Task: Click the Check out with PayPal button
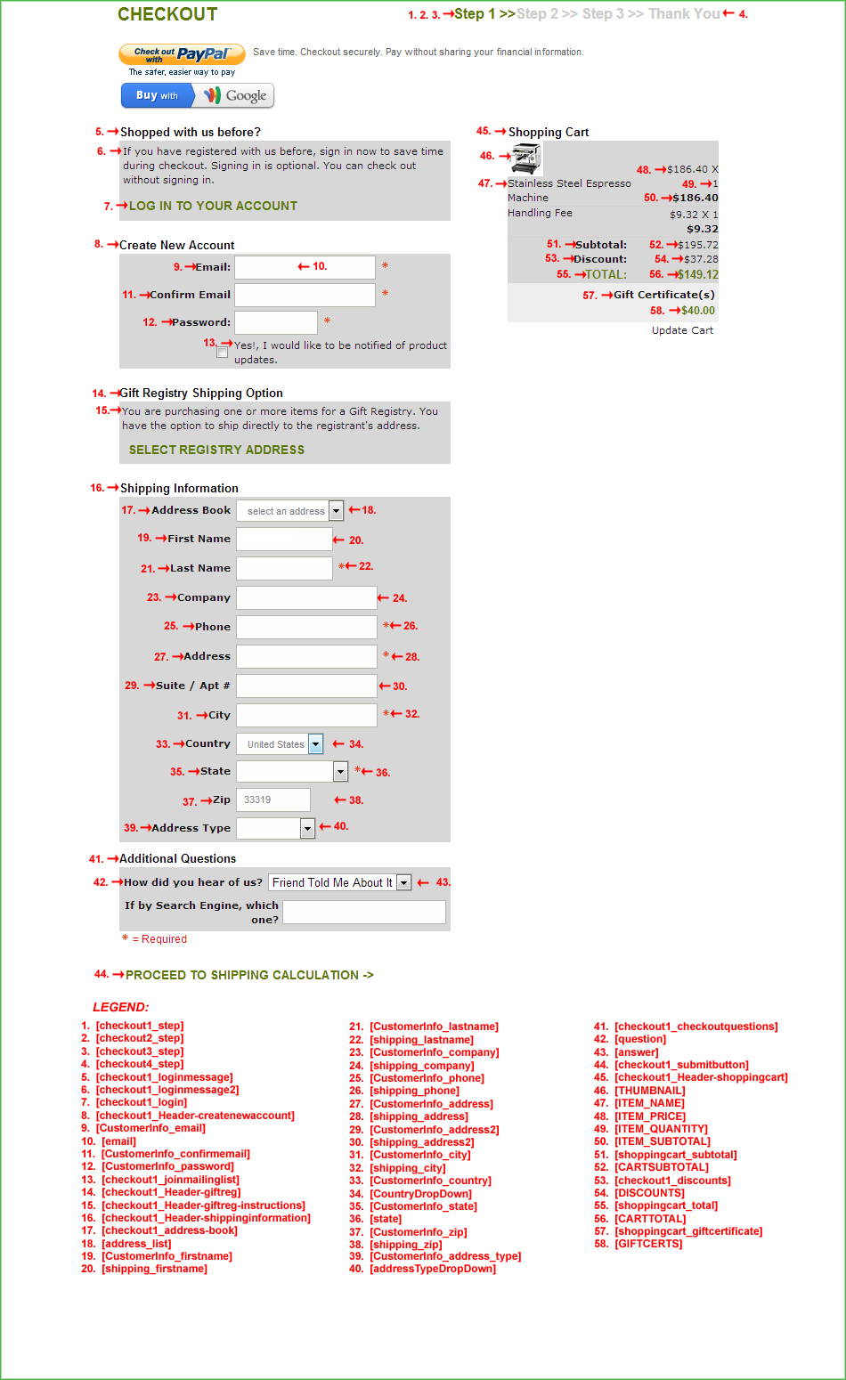click(x=182, y=55)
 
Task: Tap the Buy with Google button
click(x=197, y=95)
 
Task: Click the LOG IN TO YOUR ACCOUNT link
click(x=213, y=206)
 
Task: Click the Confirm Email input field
click(x=305, y=295)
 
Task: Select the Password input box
click(x=276, y=322)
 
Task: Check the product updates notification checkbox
click(x=222, y=353)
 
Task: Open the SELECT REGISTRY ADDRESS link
click(x=216, y=450)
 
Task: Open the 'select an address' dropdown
click(x=289, y=511)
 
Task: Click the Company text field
click(x=306, y=597)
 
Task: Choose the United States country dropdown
click(x=280, y=744)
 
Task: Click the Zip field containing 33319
click(x=273, y=800)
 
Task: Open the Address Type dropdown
click(x=276, y=828)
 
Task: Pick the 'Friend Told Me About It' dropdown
click(x=339, y=882)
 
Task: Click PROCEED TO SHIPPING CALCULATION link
click(x=249, y=975)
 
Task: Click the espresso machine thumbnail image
click(x=526, y=158)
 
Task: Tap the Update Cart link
click(x=682, y=330)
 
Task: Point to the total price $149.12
click(x=697, y=274)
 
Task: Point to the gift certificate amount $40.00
click(x=697, y=311)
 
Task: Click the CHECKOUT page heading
click(x=167, y=14)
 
